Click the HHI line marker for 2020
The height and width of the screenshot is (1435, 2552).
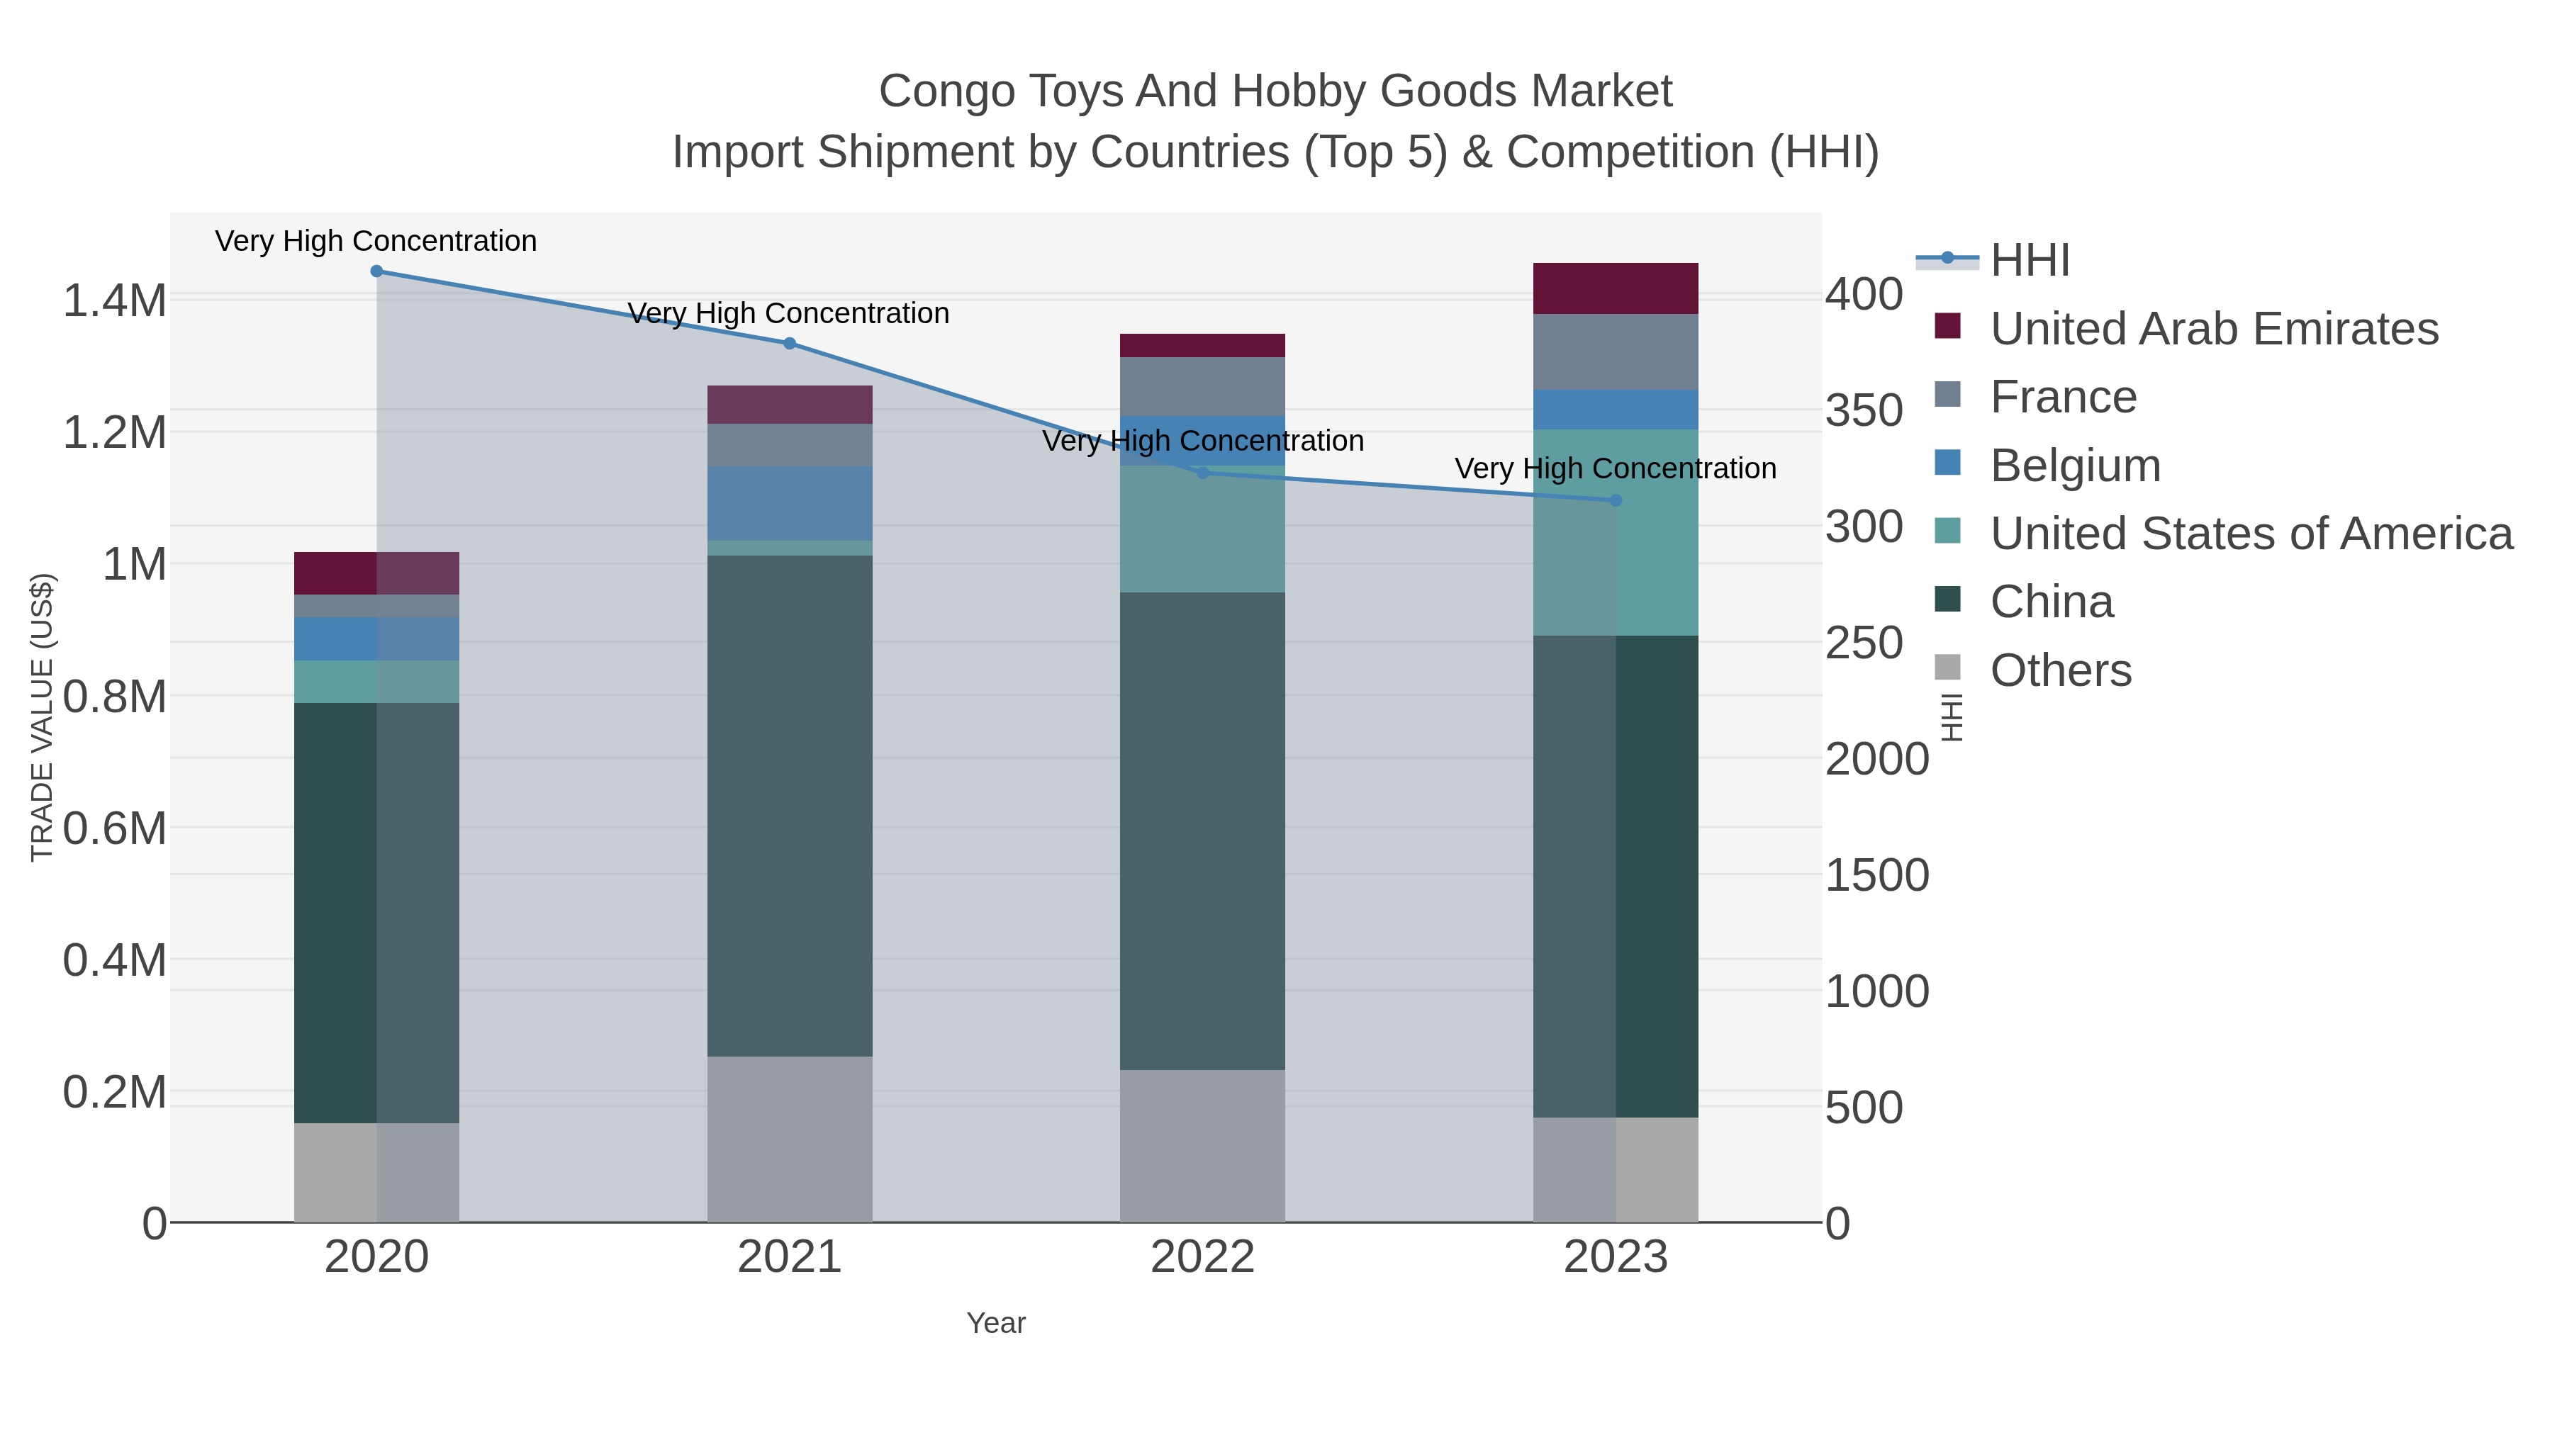[376, 271]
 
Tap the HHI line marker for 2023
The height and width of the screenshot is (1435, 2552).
[1616, 500]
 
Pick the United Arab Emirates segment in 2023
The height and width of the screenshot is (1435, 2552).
[1616, 288]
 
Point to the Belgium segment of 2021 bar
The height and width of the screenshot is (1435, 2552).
[790, 503]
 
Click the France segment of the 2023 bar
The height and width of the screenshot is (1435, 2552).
[1616, 351]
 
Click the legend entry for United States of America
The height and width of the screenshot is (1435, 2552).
[2251, 534]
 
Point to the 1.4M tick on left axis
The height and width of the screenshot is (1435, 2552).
[114, 300]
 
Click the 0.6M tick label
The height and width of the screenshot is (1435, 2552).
[114, 828]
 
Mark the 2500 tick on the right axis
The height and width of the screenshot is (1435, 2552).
[1876, 643]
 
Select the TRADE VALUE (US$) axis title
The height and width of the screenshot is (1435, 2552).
[43, 717]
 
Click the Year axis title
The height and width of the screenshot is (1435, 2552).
[996, 1323]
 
